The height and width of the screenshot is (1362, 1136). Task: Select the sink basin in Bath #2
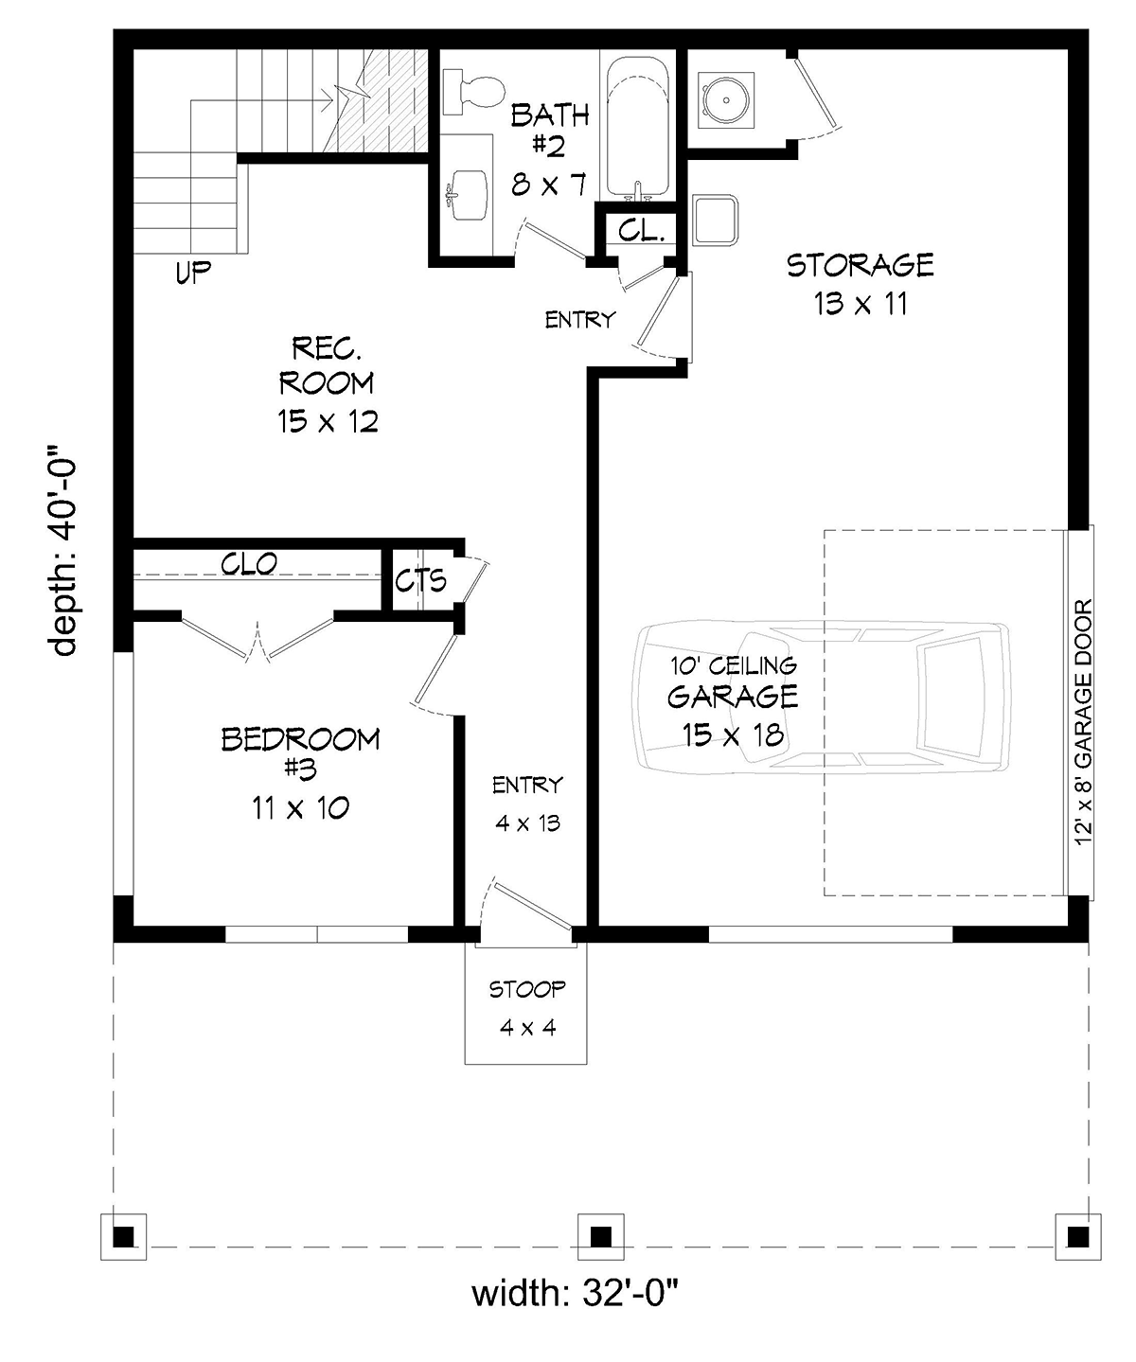click(468, 195)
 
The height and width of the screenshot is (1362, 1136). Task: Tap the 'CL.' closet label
click(642, 230)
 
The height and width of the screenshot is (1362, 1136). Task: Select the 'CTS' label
click(421, 580)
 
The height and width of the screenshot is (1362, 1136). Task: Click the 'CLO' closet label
click(249, 563)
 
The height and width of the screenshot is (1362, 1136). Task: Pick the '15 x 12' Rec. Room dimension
click(328, 421)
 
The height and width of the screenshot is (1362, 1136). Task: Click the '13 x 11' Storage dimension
click(861, 304)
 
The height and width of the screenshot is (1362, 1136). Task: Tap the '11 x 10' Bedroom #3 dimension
click(300, 809)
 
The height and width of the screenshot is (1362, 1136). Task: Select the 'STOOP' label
click(527, 989)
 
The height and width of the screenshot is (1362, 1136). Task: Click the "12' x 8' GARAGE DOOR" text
click(1083, 723)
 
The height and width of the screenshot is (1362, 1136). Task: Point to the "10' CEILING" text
click(734, 665)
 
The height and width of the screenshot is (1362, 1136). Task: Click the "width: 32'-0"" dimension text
click(575, 1293)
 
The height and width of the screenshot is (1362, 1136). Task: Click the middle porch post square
click(601, 1237)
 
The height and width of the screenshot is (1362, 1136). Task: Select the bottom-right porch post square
click(1078, 1237)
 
